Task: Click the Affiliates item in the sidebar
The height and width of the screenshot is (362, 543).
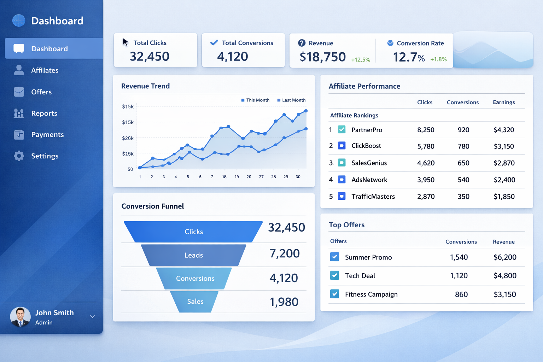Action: (45, 70)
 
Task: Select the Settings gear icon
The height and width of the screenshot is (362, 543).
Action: (19, 156)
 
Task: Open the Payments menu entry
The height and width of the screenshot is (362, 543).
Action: (47, 135)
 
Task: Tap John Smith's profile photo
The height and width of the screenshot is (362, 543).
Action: (21, 316)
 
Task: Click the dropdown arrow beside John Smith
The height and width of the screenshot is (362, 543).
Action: (92, 316)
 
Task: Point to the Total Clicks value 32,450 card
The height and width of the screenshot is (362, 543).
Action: (150, 57)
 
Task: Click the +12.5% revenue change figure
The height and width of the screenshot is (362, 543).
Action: (361, 60)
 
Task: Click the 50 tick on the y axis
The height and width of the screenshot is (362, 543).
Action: (130, 169)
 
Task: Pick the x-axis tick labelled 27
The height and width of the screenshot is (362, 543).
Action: (261, 177)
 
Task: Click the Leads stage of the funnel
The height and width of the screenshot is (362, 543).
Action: (194, 255)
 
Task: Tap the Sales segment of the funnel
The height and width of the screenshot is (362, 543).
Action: (195, 302)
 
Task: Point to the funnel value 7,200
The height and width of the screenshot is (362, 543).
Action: (285, 253)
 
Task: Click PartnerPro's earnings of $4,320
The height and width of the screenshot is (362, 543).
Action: (504, 130)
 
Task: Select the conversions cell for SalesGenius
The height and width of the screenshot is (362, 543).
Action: (463, 163)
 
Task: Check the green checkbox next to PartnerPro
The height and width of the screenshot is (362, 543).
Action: (342, 129)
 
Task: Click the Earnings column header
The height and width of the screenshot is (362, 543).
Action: (504, 102)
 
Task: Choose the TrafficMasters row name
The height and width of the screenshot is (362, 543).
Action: (373, 197)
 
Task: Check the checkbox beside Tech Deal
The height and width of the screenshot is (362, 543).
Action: (335, 275)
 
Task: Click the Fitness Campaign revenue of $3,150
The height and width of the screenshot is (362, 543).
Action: (505, 294)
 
